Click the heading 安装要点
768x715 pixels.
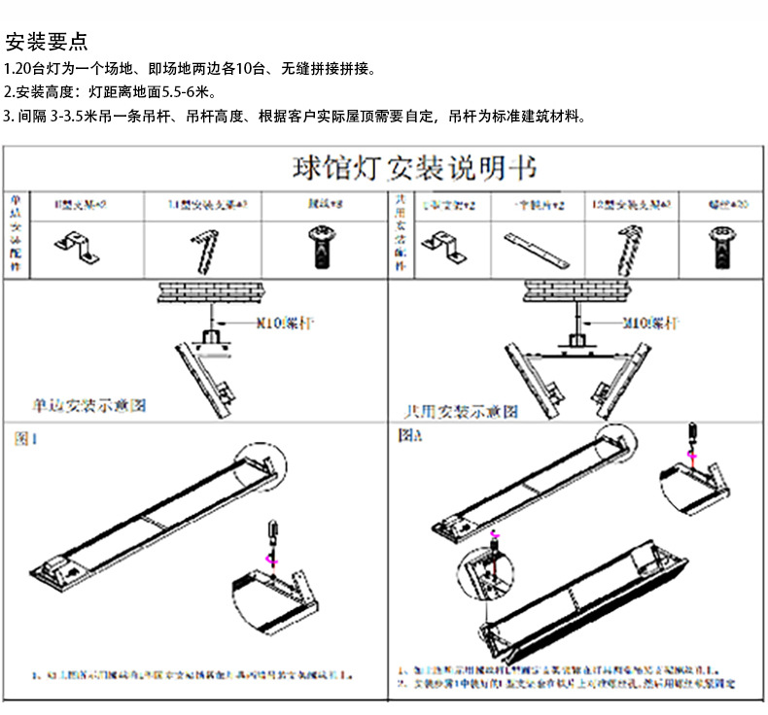(x=47, y=42)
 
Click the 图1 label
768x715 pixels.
(x=25, y=439)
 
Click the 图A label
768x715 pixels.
(x=409, y=437)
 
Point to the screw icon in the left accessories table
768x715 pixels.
(x=319, y=247)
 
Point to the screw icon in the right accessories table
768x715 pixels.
(x=719, y=246)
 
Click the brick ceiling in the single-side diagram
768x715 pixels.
(x=208, y=291)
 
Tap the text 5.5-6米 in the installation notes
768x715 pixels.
(x=181, y=94)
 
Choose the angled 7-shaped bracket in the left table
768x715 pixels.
(x=206, y=247)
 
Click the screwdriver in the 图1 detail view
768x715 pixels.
(x=271, y=540)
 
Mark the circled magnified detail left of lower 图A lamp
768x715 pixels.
(x=484, y=571)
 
